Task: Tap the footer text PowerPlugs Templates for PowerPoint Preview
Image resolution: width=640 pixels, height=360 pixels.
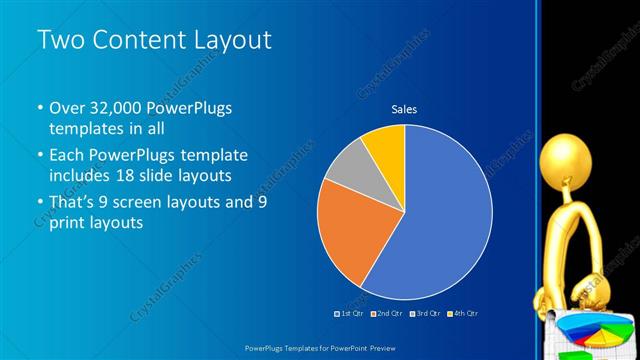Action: point(320,346)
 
